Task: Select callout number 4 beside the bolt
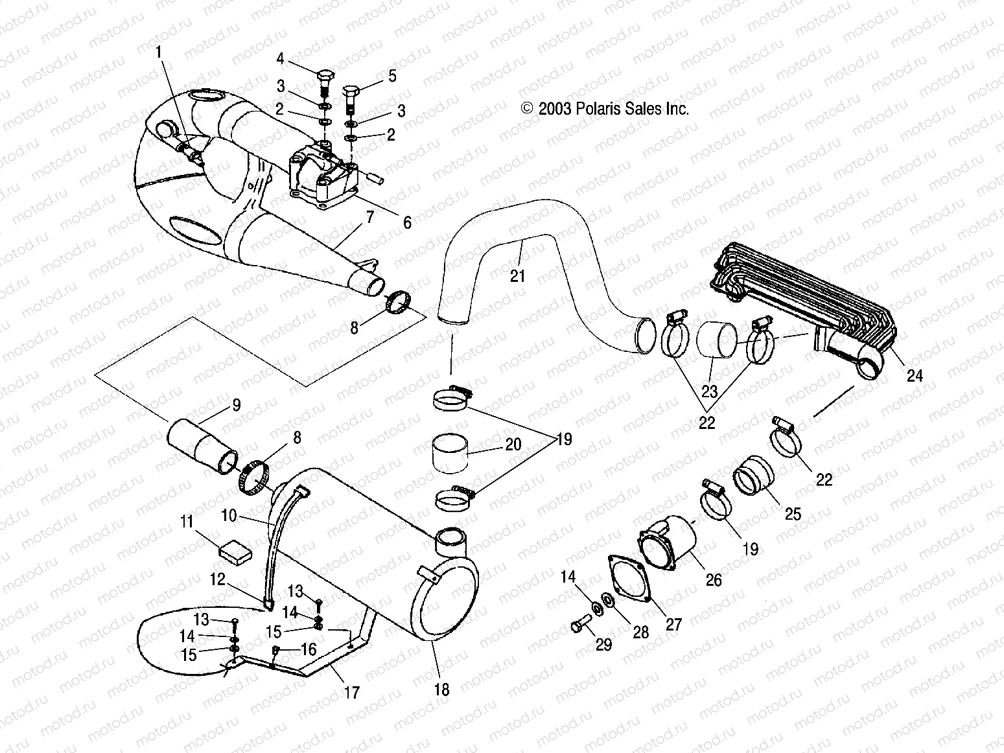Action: pyautogui.click(x=280, y=59)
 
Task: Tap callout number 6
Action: pyautogui.click(x=407, y=223)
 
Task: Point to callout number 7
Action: pyautogui.click(x=369, y=217)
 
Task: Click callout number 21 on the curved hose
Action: pyautogui.click(x=517, y=276)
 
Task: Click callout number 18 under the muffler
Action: pyautogui.click(x=441, y=689)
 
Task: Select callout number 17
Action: pyautogui.click(x=351, y=693)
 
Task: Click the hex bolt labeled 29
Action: pyautogui.click(x=579, y=626)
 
